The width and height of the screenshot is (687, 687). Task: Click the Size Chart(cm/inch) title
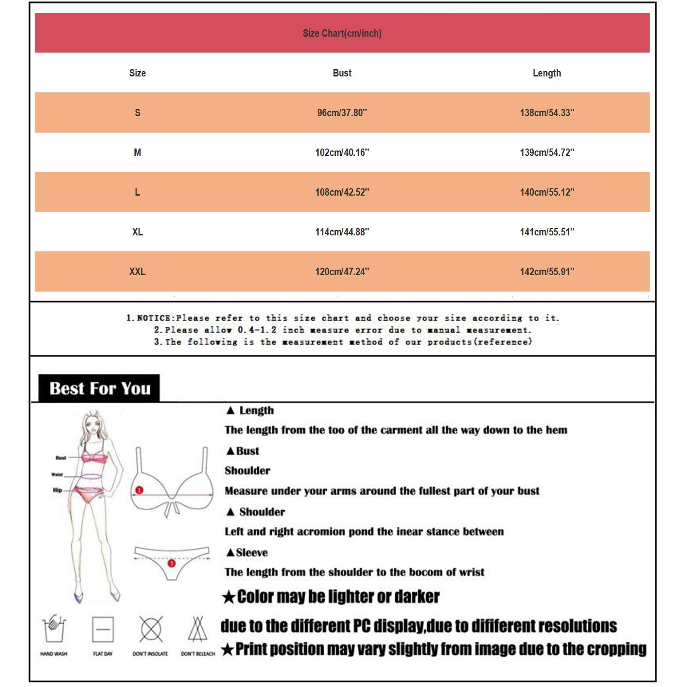point(342,33)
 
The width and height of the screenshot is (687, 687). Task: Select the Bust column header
point(342,73)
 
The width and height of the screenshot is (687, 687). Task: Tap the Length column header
point(547,73)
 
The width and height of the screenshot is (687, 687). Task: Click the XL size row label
point(137,232)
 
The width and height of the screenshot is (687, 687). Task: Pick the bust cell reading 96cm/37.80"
point(342,112)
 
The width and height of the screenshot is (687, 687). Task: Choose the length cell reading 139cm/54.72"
point(547,152)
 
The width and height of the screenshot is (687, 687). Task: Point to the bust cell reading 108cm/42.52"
point(342,192)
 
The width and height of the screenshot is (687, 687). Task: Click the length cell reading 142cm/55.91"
point(547,271)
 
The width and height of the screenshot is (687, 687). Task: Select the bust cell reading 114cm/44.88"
point(342,232)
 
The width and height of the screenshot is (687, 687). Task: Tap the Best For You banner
point(100,388)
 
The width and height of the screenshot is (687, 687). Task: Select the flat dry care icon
point(103,629)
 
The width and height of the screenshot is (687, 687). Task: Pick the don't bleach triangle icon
point(198,629)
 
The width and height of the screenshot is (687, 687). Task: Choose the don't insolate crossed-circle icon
point(151,629)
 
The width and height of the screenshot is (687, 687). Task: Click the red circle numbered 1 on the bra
point(139,490)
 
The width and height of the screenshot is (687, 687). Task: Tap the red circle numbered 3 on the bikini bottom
point(171,563)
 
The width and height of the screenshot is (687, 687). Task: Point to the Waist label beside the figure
point(57,474)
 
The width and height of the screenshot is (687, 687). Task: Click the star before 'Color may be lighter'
point(229,597)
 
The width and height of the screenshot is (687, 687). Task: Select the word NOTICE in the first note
point(154,318)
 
